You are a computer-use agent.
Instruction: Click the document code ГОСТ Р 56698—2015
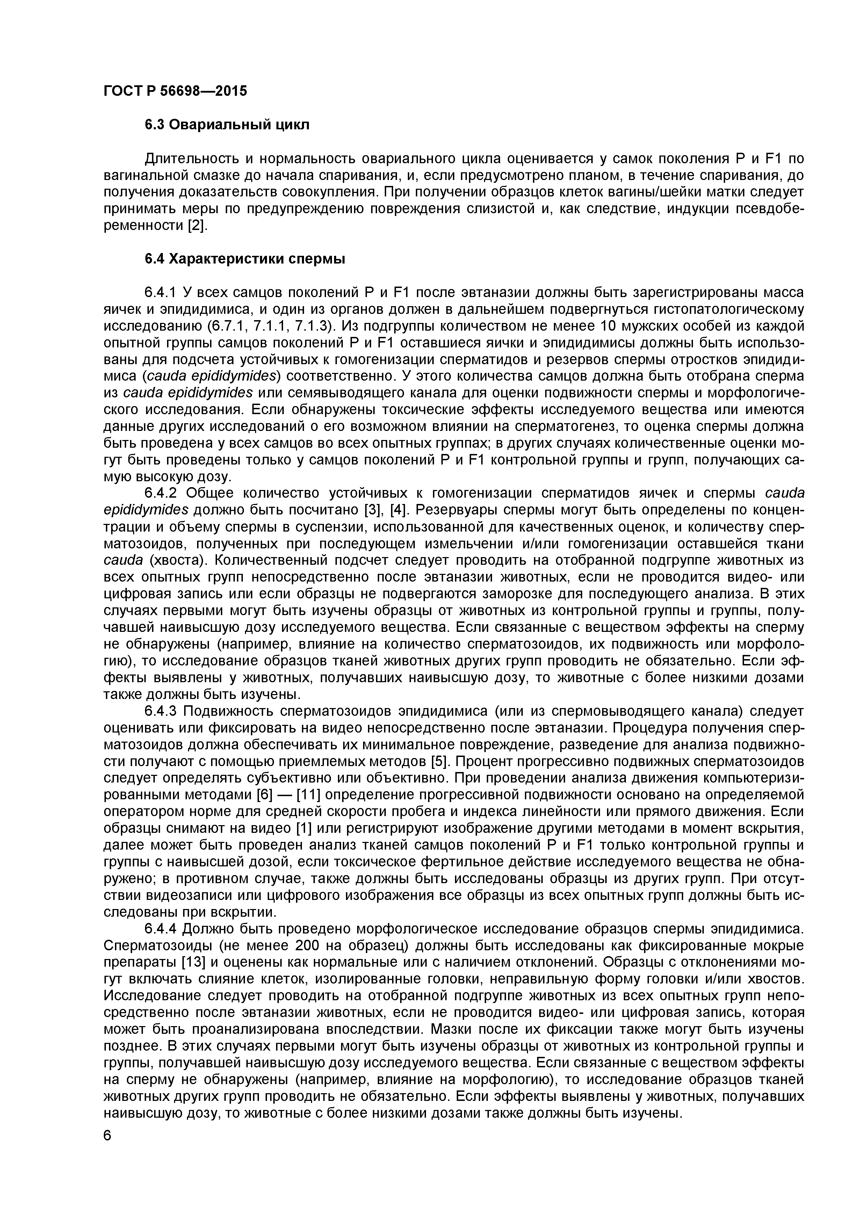175,91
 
